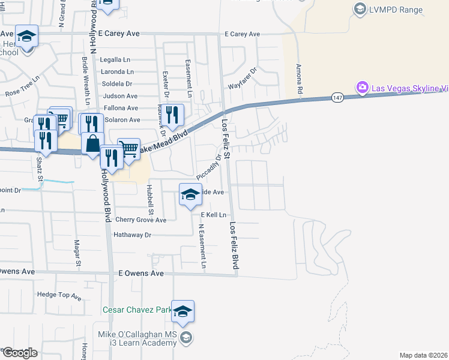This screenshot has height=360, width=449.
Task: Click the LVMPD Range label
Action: click(x=396, y=10)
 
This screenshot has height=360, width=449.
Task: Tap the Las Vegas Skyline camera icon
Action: click(x=363, y=88)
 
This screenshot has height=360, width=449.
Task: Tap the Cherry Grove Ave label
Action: click(x=140, y=220)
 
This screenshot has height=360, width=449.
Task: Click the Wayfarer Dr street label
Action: click(x=243, y=79)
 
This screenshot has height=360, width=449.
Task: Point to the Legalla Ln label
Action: click(x=116, y=60)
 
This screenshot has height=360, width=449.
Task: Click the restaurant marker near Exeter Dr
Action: click(x=172, y=114)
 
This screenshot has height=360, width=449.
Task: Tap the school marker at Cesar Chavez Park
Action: click(x=183, y=311)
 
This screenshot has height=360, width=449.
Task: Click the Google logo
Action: click(x=20, y=353)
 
